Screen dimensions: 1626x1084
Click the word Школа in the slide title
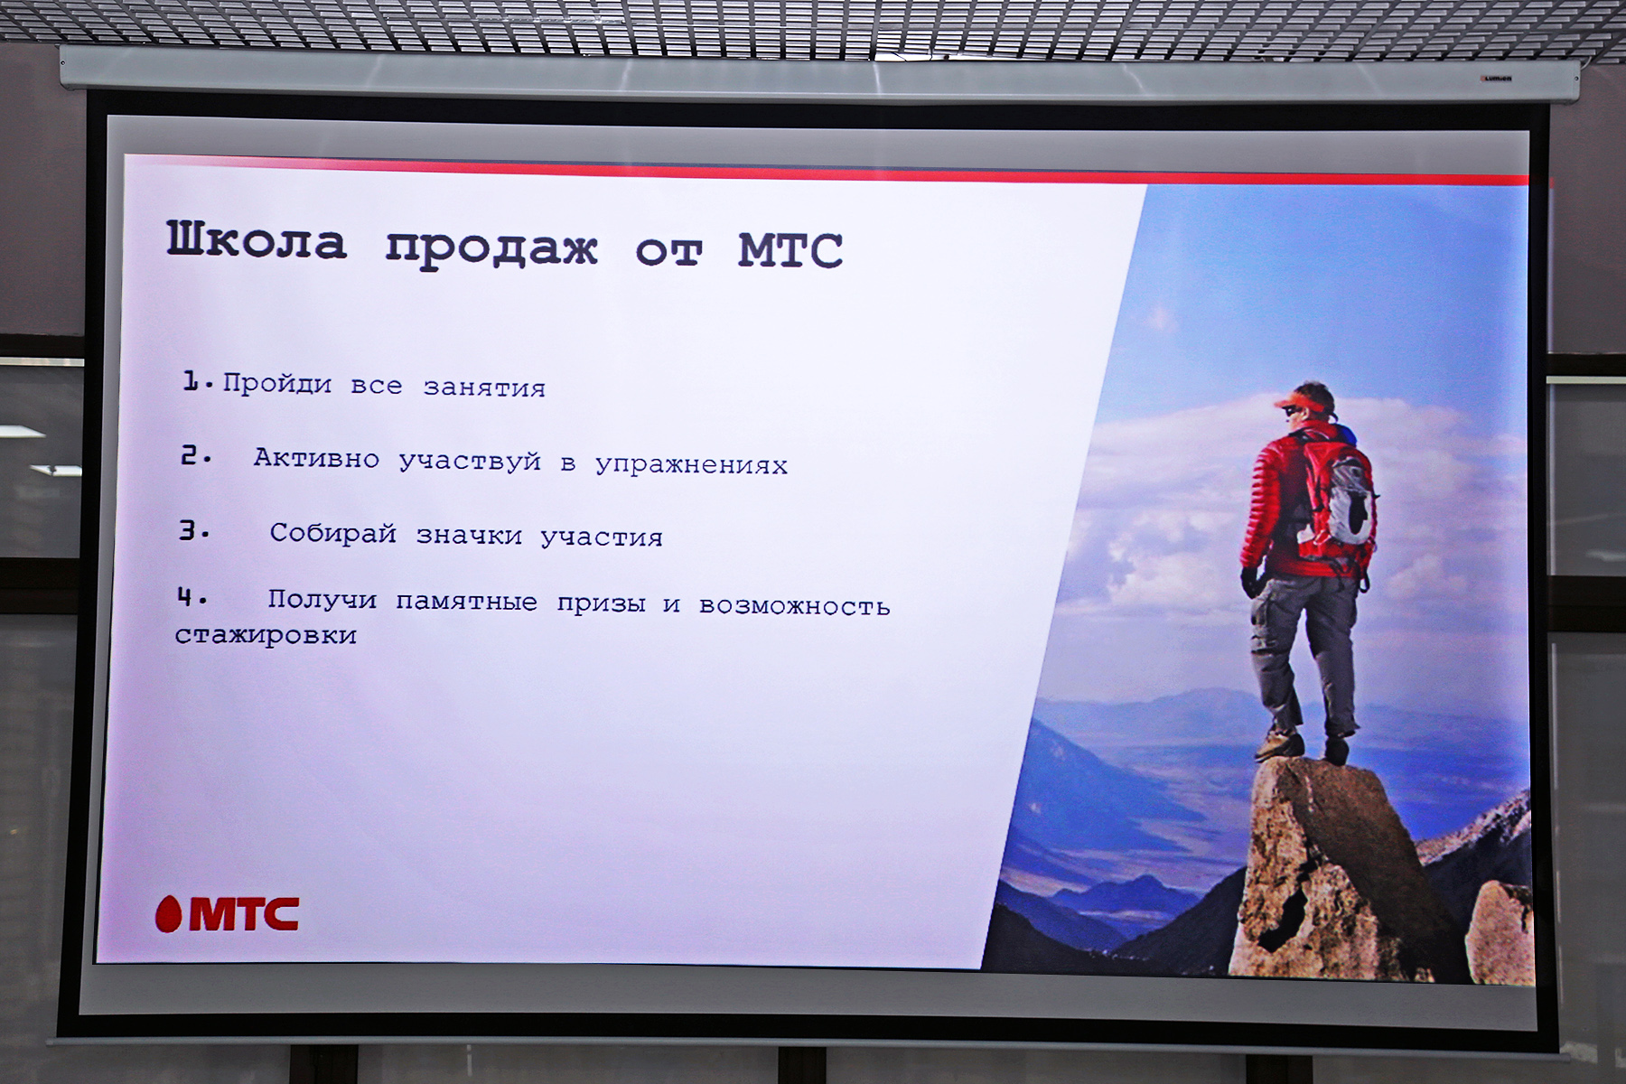pyautogui.click(x=257, y=241)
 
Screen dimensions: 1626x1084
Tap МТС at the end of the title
pyautogui.click(x=790, y=250)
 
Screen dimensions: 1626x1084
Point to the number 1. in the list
pyautogui.click(x=198, y=383)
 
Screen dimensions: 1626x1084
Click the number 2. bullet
pyautogui.click(x=196, y=456)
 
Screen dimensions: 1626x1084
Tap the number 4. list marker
pyautogui.click(x=192, y=597)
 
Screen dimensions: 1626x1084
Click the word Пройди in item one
pyautogui.click(x=277, y=385)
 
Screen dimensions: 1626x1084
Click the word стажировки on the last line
pyautogui.click(x=266, y=635)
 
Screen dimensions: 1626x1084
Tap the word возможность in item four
pyautogui.click(x=795, y=605)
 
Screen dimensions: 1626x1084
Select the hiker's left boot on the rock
pyautogui.click(x=1279, y=746)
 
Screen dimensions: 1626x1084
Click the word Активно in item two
pyautogui.click(x=316, y=458)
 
